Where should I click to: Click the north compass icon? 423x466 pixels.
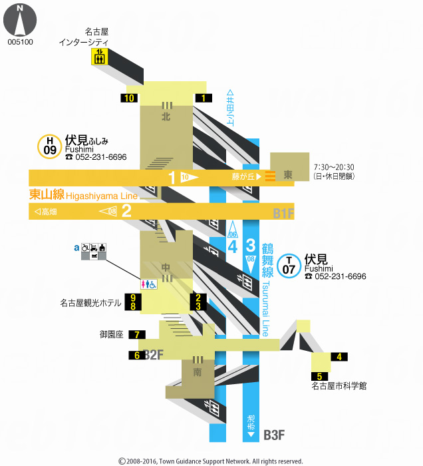click(x=19, y=20)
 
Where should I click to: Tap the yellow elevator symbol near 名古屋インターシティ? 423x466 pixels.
click(x=100, y=57)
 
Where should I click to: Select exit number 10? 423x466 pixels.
click(x=129, y=99)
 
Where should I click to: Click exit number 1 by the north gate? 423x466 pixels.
click(x=203, y=99)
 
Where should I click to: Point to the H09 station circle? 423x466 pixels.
click(x=50, y=146)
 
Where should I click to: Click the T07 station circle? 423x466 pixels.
click(x=288, y=265)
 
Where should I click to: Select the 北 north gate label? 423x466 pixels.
click(x=166, y=116)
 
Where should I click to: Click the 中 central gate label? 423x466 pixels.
click(x=166, y=268)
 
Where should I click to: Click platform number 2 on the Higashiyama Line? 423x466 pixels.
click(x=126, y=212)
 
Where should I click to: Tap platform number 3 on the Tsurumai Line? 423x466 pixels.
click(x=251, y=244)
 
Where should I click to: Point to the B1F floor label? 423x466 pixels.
click(x=283, y=214)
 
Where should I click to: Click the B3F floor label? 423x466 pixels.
click(x=274, y=435)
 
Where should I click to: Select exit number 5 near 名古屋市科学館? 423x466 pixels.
click(x=319, y=377)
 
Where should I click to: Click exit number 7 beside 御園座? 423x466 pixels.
click(x=136, y=334)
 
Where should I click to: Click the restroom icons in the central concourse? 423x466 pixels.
click(x=148, y=284)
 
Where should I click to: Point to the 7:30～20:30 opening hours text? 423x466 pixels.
click(x=333, y=167)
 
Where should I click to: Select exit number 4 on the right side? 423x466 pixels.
click(x=339, y=357)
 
